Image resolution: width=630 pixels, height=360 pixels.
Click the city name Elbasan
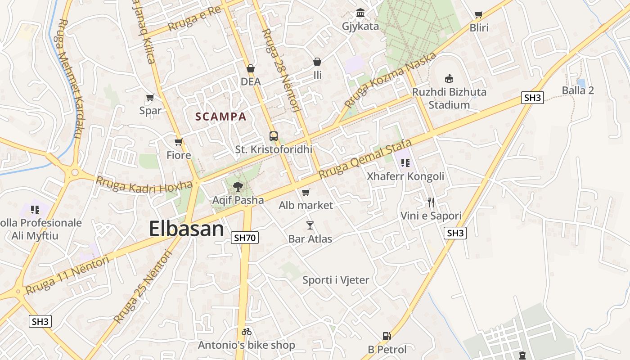coord(186,229)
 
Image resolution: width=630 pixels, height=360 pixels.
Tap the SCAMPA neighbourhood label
coord(220,117)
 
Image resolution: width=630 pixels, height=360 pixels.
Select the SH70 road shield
coord(245,238)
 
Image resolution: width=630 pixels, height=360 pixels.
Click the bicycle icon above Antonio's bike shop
coord(246,332)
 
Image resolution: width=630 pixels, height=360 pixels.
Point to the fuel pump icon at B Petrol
coord(386,336)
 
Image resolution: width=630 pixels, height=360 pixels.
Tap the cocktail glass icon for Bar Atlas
coord(310,225)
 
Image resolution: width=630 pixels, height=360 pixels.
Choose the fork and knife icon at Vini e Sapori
coord(431,202)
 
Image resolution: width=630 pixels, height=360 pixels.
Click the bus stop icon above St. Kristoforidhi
coord(273,136)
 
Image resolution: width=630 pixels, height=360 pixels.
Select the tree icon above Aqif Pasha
coord(238,186)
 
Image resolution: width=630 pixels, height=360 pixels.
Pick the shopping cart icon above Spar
coord(150,97)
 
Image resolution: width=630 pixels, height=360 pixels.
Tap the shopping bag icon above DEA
coord(251,68)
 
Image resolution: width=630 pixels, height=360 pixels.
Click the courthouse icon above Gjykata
coord(360,13)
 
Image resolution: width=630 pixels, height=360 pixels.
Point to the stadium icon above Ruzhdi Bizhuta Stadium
coord(449,78)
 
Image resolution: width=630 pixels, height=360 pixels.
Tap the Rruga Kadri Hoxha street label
coord(144,184)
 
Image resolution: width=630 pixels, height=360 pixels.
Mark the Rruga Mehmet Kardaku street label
coord(70,79)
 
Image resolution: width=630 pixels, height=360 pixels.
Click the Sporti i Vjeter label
coord(336,280)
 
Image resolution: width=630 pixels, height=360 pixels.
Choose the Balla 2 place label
coord(578,90)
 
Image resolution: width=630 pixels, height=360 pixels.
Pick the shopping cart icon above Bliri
coord(478,15)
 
